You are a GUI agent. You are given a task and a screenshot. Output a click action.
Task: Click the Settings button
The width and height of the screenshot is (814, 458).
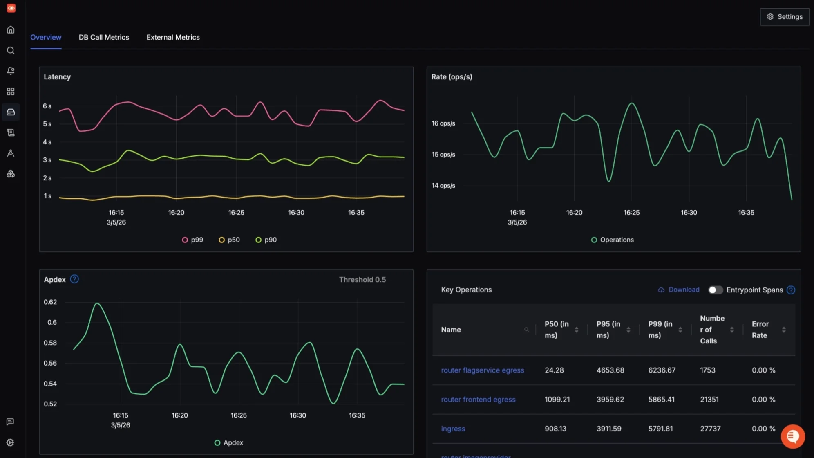click(x=785, y=17)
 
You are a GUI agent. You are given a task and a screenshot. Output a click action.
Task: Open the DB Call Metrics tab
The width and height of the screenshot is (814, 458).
click(x=104, y=37)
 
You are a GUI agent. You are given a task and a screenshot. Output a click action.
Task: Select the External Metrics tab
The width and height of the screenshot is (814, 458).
click(x=173, y=37)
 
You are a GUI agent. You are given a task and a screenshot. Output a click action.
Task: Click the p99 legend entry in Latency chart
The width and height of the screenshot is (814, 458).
click(x=192, y=240)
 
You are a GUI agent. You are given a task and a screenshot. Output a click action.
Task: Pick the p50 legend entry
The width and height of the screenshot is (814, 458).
click(x=229, y=240)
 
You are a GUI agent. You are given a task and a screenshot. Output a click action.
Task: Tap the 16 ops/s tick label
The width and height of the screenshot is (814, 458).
click(x=443, y=123)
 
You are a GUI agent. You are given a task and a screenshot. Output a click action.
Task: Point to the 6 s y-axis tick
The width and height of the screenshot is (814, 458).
click(x=47, y=106)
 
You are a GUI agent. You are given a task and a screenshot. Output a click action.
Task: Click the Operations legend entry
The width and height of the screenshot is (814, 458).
click(x=613, y=240)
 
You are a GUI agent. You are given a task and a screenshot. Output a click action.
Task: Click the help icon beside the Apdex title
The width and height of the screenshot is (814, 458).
click(x=74, y=279)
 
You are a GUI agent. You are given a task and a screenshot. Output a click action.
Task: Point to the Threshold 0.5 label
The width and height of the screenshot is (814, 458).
click(x=362, y=280)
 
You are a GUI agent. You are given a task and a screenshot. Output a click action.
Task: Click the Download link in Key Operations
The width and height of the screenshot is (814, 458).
click(x=679, y=290)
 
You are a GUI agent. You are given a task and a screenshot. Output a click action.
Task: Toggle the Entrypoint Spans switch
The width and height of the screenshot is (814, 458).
click(x=715, y=290)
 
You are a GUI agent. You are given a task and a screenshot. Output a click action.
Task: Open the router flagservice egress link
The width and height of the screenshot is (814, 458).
click(x=482, y=370)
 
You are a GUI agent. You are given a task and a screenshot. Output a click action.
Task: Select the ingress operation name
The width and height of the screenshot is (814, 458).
click(x=453, y=429)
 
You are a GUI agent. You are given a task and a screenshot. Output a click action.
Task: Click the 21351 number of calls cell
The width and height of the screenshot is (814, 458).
click(x=709, y=399)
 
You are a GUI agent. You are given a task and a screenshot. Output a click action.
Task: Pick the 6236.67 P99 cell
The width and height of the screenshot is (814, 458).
click(x=662, y=370)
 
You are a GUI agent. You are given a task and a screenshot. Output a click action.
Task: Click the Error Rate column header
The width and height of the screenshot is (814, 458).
click(x=760, y=330)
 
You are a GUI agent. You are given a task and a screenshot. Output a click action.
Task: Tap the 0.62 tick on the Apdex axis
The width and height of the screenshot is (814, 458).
click(x=50, y=302)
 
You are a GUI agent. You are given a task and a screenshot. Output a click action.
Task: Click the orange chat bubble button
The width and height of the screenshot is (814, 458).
click(x=792, y=436)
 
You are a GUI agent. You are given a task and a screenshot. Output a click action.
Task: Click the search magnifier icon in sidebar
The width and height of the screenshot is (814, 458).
click(x=11, y=50)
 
